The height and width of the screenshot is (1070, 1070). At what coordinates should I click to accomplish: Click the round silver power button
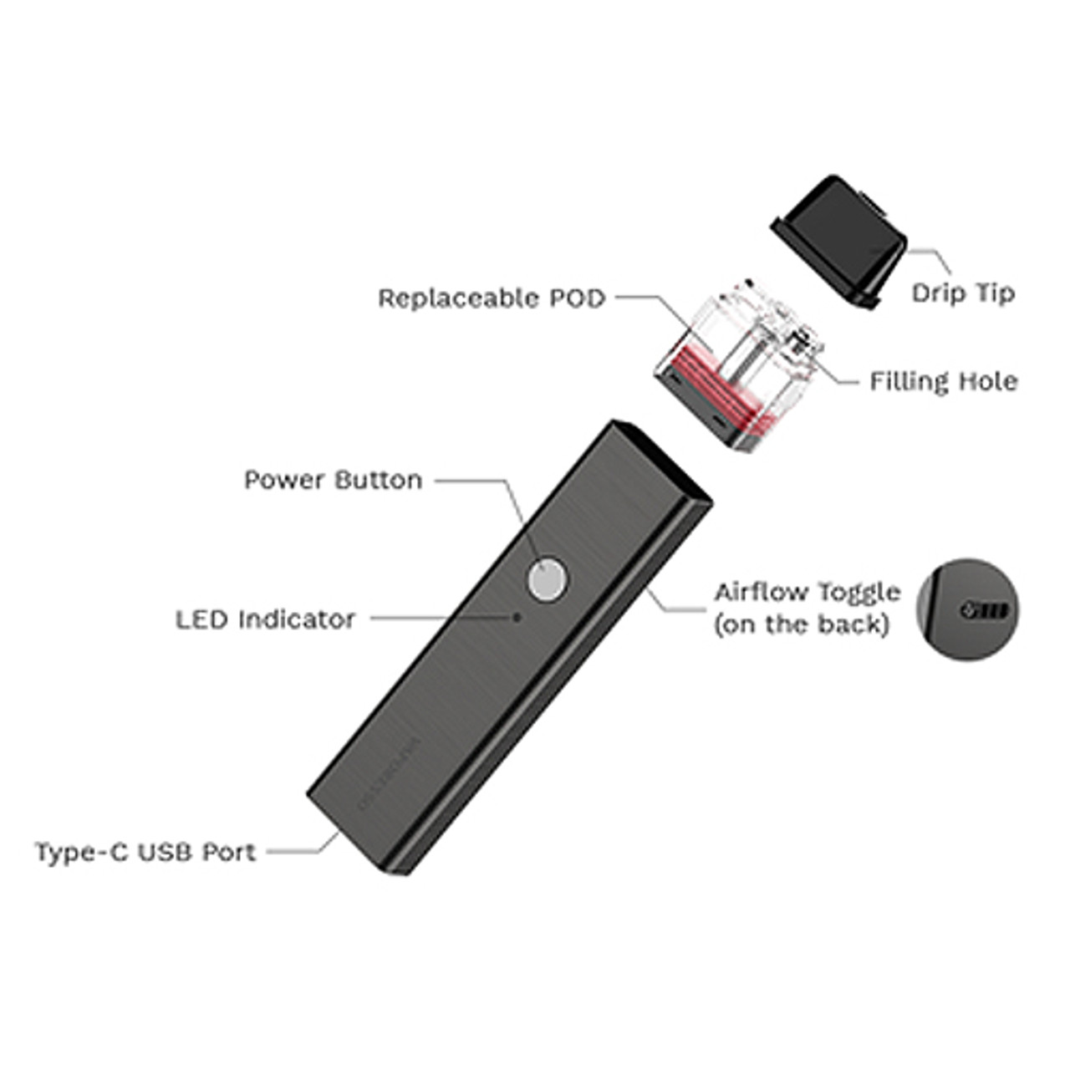tap(547, 580)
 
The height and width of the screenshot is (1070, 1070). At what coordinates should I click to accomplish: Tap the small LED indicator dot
tap(517, 617)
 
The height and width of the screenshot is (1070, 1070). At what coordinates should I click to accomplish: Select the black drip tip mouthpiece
tap(839, 237)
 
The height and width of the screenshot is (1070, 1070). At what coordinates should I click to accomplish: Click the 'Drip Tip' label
tap(963, 293)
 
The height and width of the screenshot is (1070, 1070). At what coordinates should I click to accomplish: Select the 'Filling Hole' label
tap(944, 382)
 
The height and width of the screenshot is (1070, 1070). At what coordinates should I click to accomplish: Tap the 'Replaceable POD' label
tap(492, 298)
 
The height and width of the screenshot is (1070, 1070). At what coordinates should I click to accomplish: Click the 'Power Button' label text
tap(333, 480)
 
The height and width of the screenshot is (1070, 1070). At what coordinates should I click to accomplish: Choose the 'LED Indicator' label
tap(265, 619)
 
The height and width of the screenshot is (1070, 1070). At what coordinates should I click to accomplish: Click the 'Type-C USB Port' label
tap(145, 853)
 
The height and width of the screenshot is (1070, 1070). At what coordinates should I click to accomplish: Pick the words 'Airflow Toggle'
tap(807, 592)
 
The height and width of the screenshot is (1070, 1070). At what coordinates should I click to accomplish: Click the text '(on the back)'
tap(800, 624)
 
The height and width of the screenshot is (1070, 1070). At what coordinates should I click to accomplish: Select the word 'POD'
tap(577, 298)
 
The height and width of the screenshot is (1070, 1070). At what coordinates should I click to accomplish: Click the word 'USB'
tap(165, 853)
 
